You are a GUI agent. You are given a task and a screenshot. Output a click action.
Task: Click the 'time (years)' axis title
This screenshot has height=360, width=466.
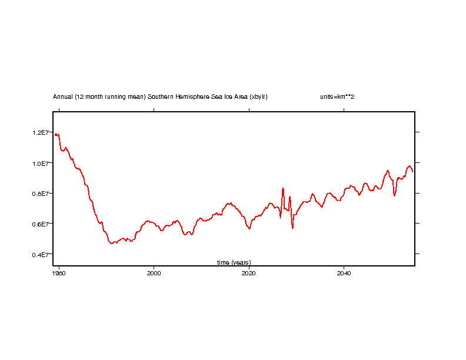coord(234,262)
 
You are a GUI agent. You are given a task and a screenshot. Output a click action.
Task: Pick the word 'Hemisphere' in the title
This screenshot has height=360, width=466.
coord(194,96)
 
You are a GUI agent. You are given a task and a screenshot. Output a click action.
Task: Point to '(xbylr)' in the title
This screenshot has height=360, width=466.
coord(258,96)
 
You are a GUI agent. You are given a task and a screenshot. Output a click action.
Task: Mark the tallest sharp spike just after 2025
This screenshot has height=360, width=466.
coord(283,188)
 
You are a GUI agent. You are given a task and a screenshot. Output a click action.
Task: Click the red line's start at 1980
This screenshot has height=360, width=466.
coord(55,135)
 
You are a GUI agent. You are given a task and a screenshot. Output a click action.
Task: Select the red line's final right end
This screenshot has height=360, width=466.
coord(413,172)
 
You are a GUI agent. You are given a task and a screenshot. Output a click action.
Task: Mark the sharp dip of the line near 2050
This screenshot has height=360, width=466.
coord(395,195)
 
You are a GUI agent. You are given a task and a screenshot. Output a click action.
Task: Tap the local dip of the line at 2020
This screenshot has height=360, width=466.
coord(249,229)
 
